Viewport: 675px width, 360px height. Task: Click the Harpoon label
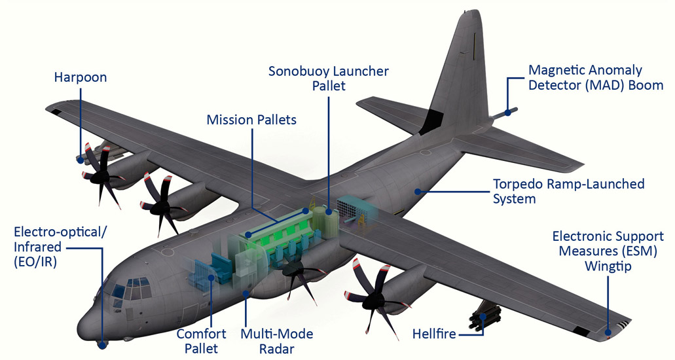point(80,78)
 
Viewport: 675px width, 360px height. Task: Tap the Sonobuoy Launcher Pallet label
point(329,78)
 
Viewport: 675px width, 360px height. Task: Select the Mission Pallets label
point(251,120)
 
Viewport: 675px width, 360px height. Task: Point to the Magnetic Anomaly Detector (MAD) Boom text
point(595,77)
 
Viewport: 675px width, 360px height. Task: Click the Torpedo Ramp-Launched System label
point(568,190)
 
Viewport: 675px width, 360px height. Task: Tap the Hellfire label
point(434,334)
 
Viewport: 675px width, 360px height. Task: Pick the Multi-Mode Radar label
point(276,341)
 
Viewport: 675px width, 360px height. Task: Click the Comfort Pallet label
point(201,341)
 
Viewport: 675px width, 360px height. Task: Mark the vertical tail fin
point(458,79)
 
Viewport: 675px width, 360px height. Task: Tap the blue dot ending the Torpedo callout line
point(416,192)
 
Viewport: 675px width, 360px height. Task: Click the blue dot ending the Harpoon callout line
point(80,159)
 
